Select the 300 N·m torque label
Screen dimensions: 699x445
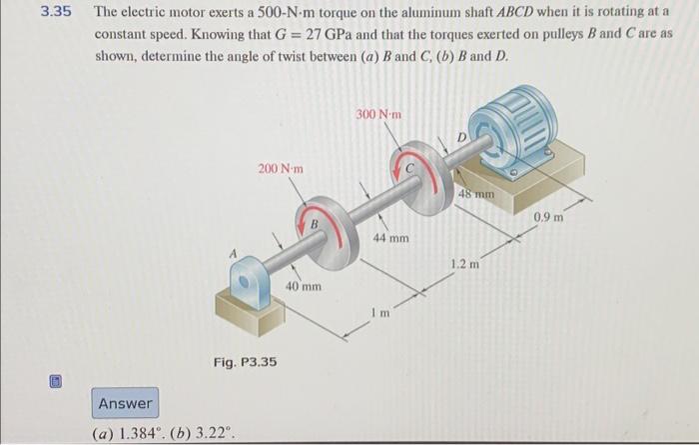[x=377, y=115]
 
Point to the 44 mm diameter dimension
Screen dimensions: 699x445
[x=391, y=239]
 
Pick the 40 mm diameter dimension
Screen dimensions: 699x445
[x=304, y=286]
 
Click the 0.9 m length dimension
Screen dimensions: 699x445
[x=548, y=217]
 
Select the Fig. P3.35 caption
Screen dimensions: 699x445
[x=245, y=361]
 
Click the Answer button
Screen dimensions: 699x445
[x=126, y=404]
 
